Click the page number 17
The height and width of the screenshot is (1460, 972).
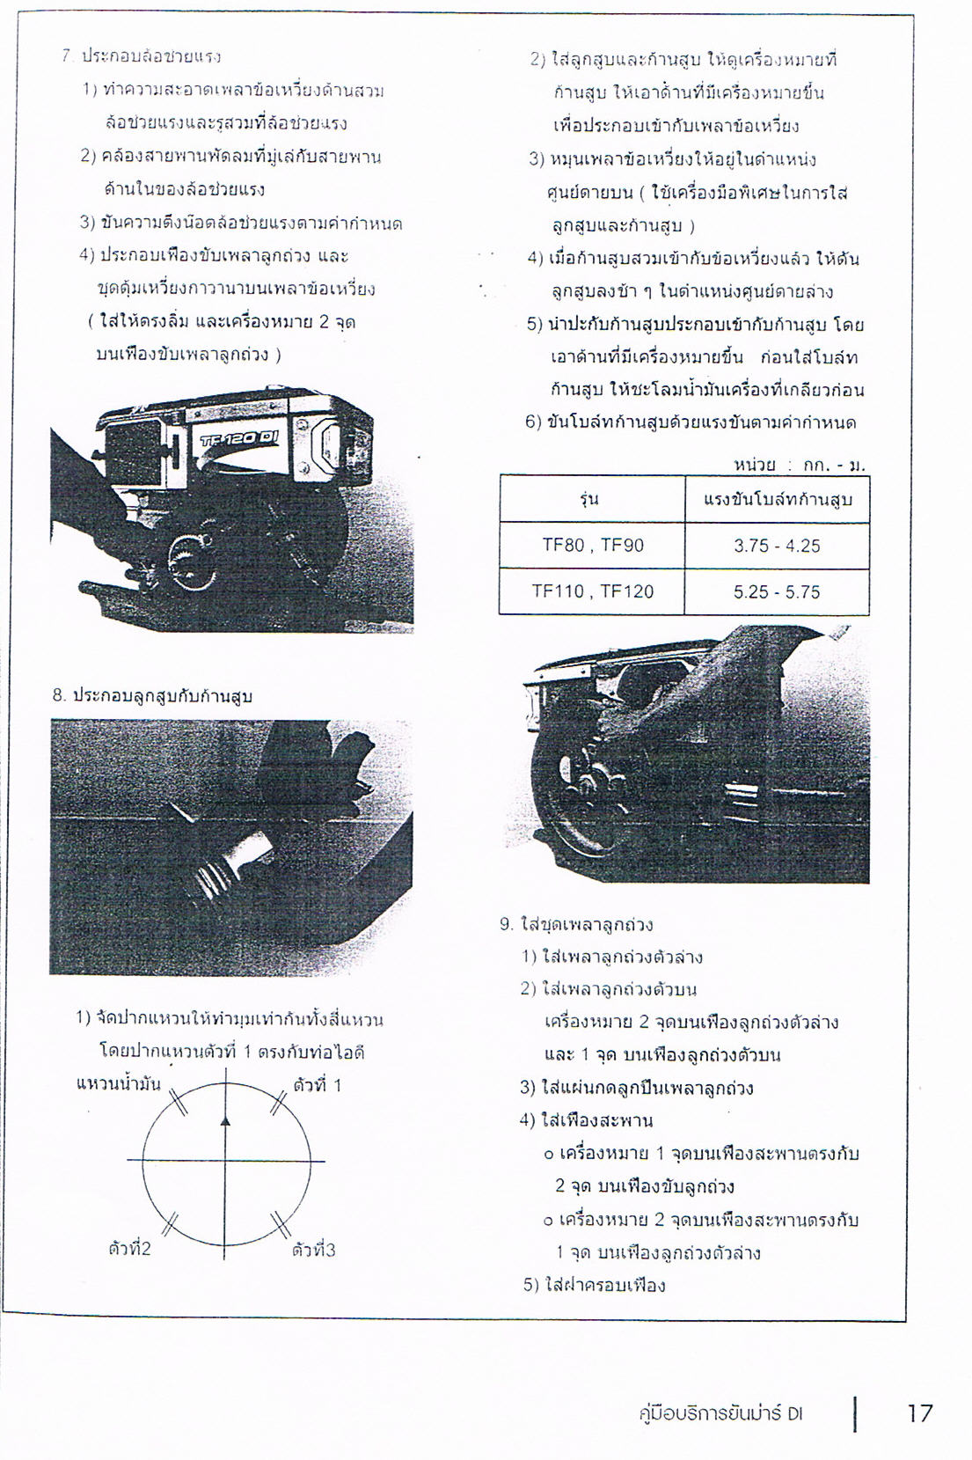tap(919, 1413)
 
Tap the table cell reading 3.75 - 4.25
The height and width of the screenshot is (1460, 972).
tap(776, 546)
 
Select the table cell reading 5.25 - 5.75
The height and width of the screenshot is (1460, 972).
tap(776, 592)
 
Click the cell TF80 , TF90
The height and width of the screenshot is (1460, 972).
tap(592, 546)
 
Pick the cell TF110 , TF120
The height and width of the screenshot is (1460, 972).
tap(592, 591)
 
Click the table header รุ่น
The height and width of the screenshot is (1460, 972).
tap(589, 500)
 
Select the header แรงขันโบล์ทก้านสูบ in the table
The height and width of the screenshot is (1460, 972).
tap(778, 500)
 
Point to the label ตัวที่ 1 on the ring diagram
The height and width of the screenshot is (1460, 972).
tap(317, 1085)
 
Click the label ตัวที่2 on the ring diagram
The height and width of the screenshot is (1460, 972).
tap(129, 1249)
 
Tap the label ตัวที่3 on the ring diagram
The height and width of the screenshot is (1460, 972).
tap(314, 1250)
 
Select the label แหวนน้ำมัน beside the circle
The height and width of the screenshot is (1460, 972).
tap(119, 1083)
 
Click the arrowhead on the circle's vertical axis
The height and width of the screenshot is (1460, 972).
tap(226, 1120)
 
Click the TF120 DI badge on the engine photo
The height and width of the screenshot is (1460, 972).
tap(240, 437)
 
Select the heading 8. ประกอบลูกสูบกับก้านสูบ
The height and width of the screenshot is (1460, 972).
tap(152, 696)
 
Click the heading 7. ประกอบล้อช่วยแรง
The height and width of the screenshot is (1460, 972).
tap(142, 56)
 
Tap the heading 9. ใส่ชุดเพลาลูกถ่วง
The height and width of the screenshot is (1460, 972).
tap(576, 925)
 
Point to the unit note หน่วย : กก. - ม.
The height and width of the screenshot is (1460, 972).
tap(799, 464)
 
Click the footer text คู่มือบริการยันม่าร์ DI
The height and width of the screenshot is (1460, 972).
tap(720, 1414)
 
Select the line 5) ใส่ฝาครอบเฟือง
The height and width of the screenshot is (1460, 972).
tap(594, 1285)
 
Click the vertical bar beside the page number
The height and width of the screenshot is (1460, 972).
tap(855, 1414)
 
